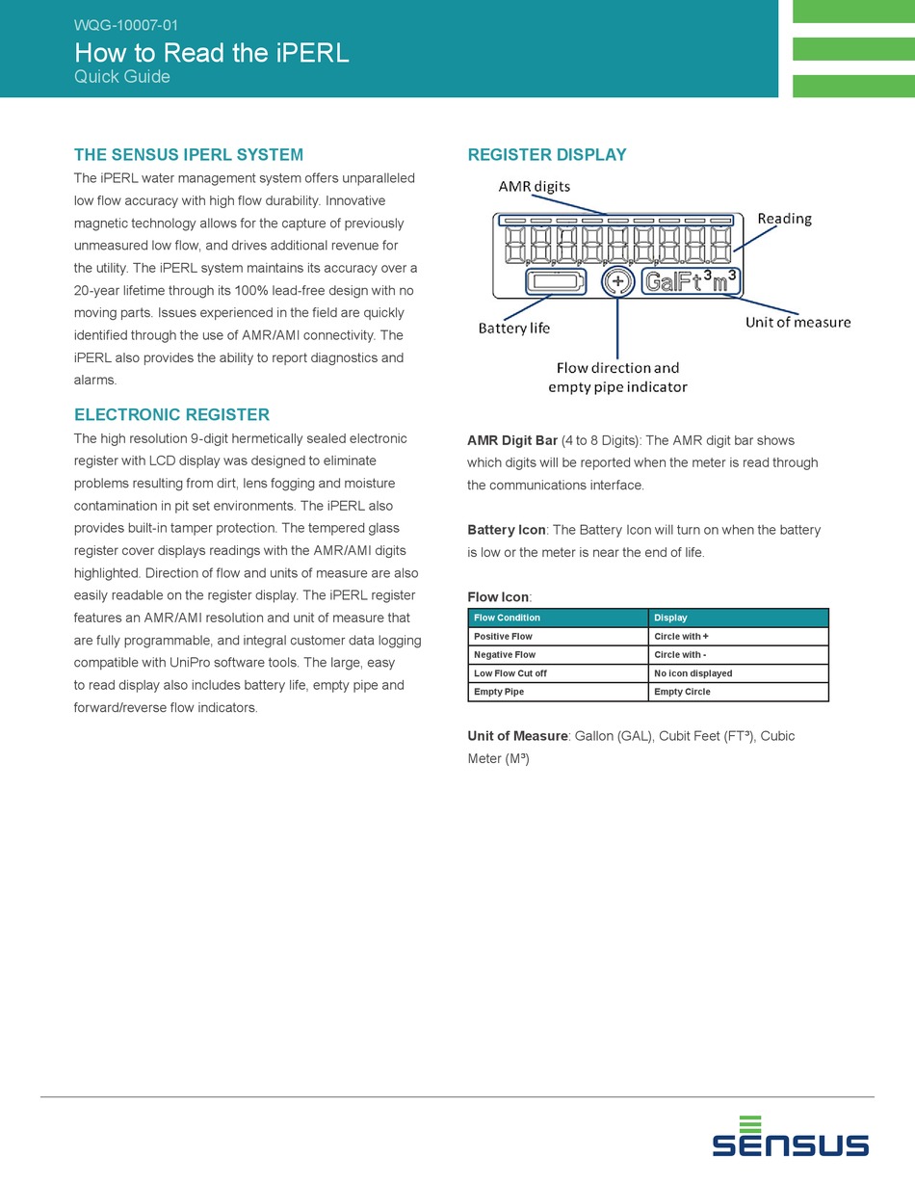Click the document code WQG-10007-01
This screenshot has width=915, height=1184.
pos(125,26)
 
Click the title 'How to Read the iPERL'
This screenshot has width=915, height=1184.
pos(211,53)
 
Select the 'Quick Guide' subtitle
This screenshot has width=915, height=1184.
pos(122,77)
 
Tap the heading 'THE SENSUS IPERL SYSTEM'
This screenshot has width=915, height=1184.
pos(189,154)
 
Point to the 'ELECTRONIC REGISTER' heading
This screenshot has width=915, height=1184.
pos(171,415)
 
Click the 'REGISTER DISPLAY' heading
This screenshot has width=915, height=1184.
pos(547,154)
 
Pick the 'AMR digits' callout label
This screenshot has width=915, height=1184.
pos(534,186)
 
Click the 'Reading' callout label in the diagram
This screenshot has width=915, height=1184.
pos(784,219)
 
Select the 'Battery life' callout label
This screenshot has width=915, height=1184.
pos(514,329)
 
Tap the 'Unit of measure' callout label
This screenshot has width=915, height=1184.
pos(797,322)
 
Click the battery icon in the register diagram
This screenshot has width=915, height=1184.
pos(556,282)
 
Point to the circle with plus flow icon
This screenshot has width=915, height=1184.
pos(616,282)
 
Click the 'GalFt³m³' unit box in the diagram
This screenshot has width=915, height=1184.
pos(692,282)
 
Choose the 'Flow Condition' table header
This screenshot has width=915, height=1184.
pos(507,618)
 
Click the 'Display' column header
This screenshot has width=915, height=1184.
pos(670,618)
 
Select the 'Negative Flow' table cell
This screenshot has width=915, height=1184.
pos(505,655)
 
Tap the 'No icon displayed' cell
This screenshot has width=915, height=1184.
pos(693,673)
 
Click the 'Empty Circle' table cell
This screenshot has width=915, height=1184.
pos(682,692)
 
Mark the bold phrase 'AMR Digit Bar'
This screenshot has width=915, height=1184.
pos(512,440)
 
